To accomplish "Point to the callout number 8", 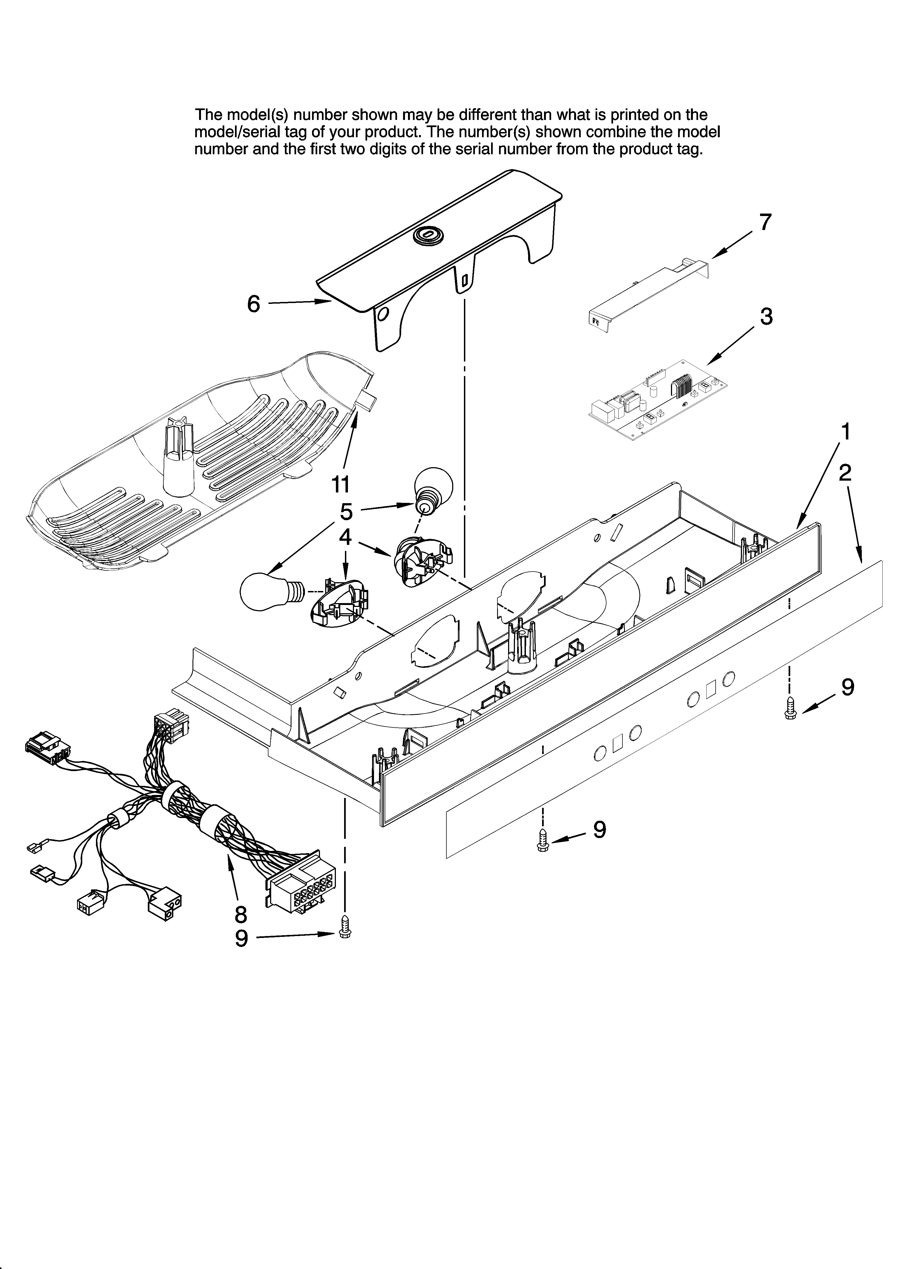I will pos(240,914).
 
